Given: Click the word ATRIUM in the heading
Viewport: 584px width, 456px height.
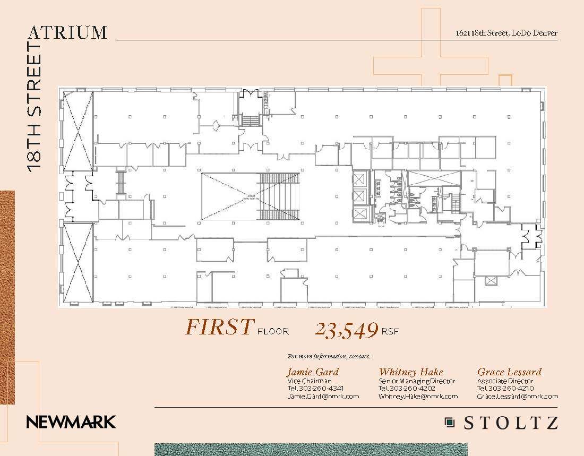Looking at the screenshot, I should pos(67,32).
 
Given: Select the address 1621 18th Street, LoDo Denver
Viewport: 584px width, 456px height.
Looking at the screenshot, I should pos(506,33).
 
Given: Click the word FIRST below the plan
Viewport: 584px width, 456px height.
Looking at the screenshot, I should pos(218,328).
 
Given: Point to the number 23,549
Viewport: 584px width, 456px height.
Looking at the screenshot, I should pos(346,330).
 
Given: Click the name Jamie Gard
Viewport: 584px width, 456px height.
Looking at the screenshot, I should pos(312,372).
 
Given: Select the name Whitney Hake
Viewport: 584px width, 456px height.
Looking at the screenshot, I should pos(410,372).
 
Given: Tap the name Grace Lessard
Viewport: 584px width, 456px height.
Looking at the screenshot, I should pos(509,372).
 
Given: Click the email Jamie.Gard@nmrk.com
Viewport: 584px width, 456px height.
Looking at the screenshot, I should pos(323,396).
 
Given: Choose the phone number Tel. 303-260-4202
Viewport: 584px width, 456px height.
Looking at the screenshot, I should pos(407,388).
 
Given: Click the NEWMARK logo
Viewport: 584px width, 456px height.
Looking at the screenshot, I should pos(71,423).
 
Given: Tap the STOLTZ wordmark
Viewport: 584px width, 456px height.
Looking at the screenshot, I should pos(511,423).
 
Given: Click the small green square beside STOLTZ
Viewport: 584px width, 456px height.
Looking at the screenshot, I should pos(450,423).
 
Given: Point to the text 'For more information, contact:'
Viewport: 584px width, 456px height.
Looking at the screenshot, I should pos(328,356).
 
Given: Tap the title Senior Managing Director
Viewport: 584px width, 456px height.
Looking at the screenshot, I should pos(416,381).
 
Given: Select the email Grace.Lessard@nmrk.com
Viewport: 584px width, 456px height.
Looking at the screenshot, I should pos(517,396).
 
